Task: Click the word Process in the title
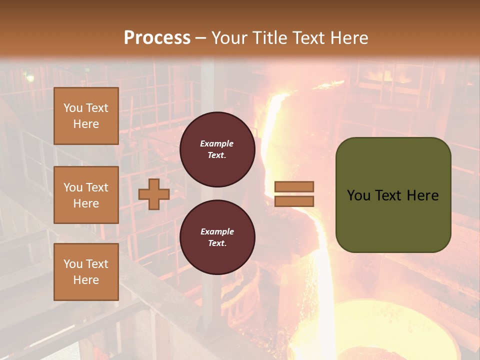(157, 38)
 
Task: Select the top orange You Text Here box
(86, 116)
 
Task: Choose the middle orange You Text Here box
(86, 195)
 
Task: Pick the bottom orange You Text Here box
(86, 271)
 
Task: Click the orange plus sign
(153, 194)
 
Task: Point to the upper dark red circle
(217, 149)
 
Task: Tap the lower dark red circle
(217, 237)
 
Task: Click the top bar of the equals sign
(294, 187)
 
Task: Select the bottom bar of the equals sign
(294, 201)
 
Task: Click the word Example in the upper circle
(217, 143)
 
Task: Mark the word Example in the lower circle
(217, 231)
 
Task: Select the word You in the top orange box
(72, 108)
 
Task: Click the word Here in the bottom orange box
(86, 280)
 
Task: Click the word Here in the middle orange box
(86, 203)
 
